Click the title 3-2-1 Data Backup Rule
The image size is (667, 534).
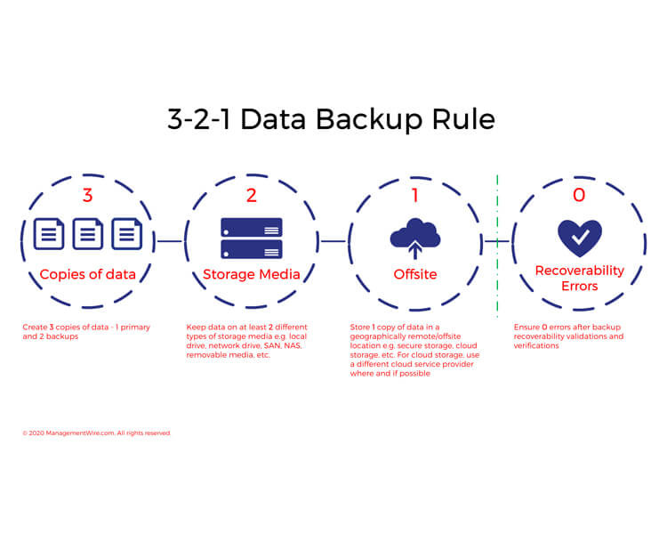click(x=332, y=119)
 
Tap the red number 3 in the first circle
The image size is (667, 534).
click(x=87, y=195)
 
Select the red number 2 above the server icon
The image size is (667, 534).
click(x=251, y=195)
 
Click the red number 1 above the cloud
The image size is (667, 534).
click(x=415, y=195)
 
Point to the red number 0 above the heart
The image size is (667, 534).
click(x=579, y=195)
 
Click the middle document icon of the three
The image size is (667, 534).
click(x=87, y=234)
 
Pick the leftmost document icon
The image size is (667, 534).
click(x=49, y=234)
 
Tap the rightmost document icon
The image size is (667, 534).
click(x=126, y=234)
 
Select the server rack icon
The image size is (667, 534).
click(x=251, y=238)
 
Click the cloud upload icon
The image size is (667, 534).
click(x=415, y=237)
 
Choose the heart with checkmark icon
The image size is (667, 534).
click(x=579, y=238)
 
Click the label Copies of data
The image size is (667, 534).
click(x=87, y=274)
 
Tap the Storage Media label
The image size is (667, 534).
click(x=251, y=274)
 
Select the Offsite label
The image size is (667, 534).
click(x=415, y=274)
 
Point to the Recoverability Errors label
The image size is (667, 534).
click(x=579, y=279)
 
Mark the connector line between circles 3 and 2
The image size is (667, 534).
click(x=169, y=240)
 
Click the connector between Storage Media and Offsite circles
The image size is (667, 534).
click(x=333, y=240)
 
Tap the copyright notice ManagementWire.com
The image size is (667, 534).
click(x=96, y=433)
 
